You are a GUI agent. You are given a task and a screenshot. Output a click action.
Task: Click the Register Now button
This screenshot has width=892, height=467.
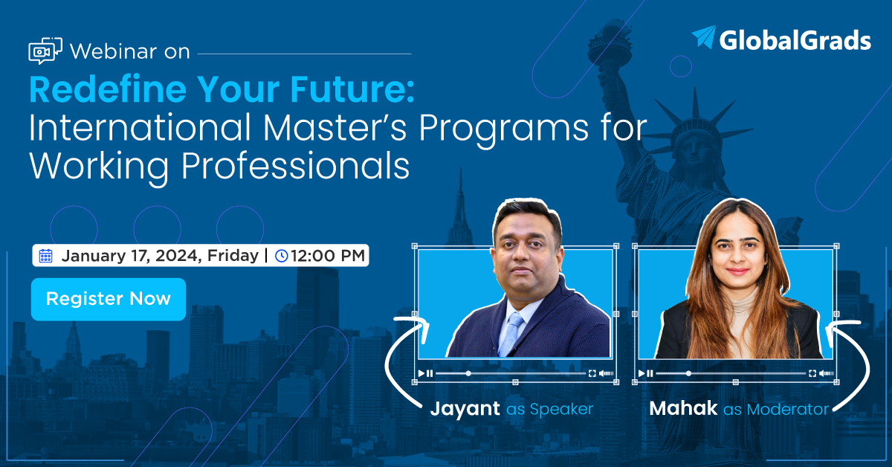click(109, 299)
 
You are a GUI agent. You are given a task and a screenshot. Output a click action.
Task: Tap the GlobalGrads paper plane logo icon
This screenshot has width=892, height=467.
click(703, 38)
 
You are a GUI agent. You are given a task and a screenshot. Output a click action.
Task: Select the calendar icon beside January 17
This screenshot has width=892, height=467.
click(46, 256)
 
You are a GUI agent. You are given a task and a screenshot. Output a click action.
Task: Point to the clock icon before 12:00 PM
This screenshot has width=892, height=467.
click(282, 256)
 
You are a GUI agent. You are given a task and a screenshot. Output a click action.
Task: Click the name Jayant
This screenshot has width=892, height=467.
click(465, 409)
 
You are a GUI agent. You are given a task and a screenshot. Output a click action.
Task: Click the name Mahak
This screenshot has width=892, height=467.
click(683, 409)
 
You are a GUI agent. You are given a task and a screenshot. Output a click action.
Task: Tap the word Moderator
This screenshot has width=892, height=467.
click(787, 410)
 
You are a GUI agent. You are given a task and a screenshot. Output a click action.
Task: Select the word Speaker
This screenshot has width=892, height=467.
click(561, 410)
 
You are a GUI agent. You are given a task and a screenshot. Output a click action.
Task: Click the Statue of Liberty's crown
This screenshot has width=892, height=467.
click(695, 126)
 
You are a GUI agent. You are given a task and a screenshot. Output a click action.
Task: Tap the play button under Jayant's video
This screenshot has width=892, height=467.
click(421, 373)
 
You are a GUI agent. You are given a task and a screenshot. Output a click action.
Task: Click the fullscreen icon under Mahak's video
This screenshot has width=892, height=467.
click(812, 373)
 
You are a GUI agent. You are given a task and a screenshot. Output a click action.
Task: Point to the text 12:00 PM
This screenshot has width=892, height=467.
click(328, 256)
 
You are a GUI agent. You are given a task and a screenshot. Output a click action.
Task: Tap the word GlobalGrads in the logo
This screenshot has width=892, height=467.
click(795, 40)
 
